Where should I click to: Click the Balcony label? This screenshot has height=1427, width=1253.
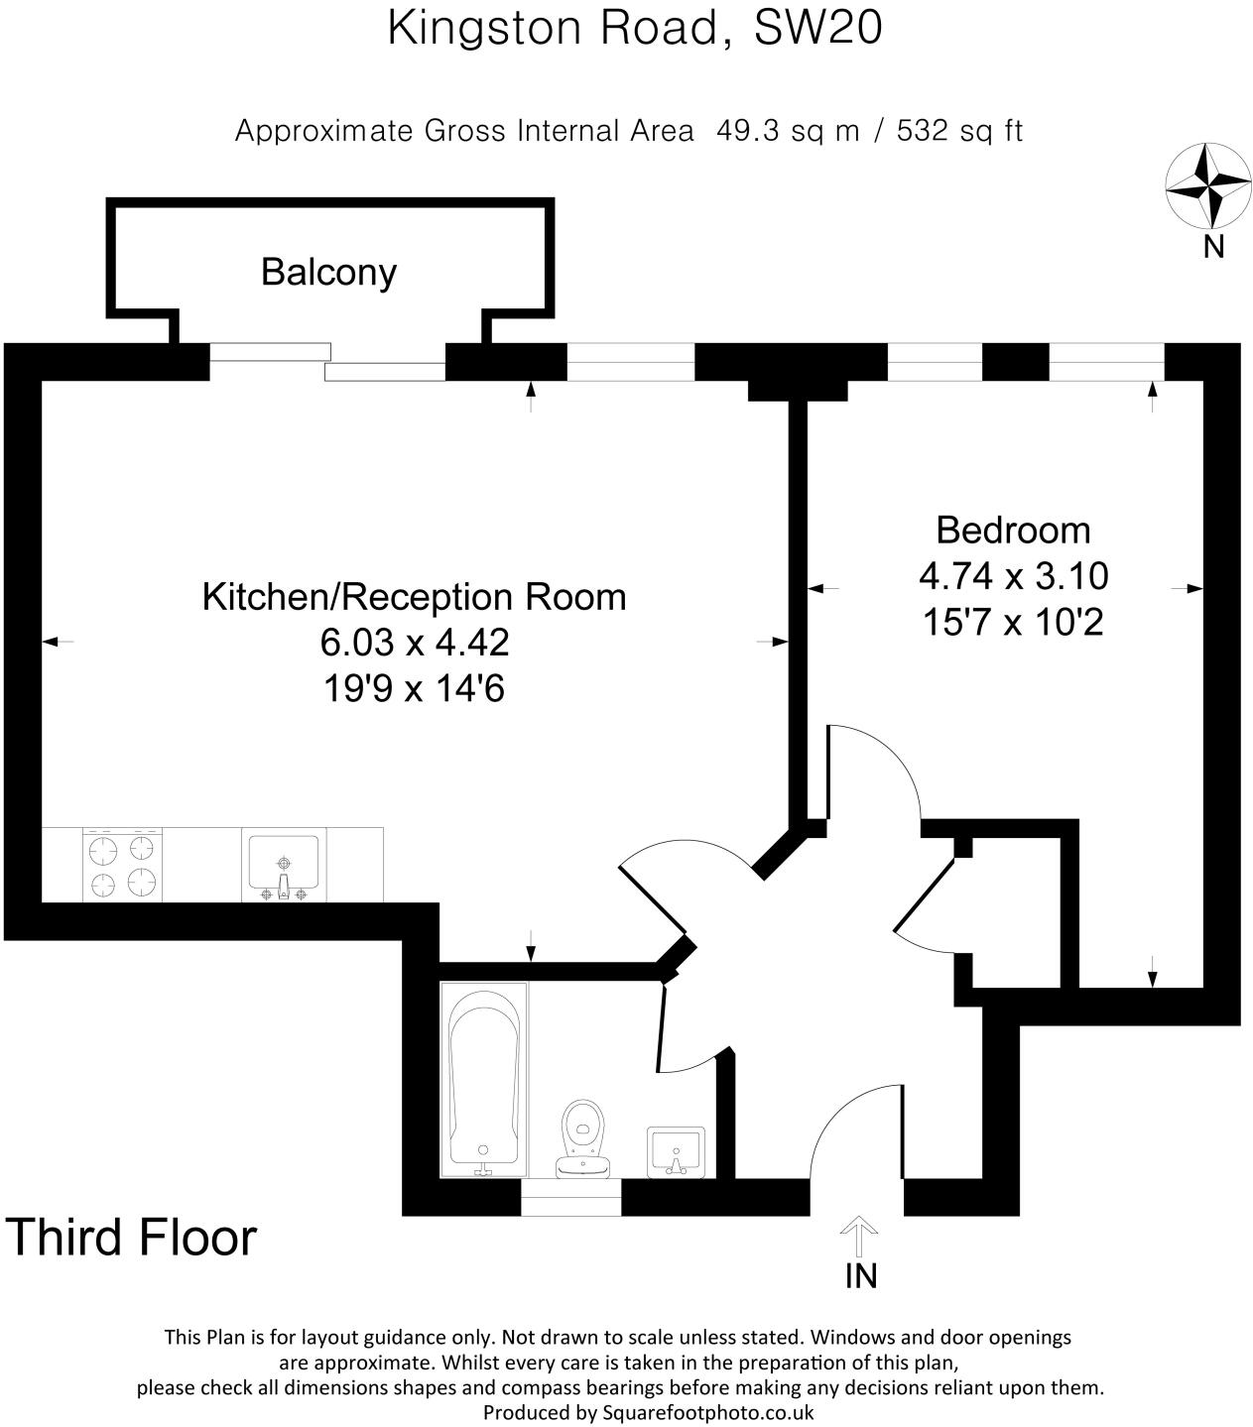(328, 272)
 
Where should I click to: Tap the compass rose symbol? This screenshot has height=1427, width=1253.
(1207, 184)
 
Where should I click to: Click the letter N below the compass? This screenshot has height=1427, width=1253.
(1213, 247)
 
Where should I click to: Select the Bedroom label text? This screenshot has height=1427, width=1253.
(1013, 530)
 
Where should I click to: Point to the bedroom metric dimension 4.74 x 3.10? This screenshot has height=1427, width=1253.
(1013, 576)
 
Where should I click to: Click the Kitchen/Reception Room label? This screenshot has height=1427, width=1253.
(414, 597)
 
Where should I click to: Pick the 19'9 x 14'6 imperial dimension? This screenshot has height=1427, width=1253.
(414, 688)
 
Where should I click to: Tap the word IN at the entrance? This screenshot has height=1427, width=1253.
(860, 1276)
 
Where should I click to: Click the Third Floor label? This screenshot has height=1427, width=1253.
(132, 1238)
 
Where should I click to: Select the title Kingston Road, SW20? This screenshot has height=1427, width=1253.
(635, 28)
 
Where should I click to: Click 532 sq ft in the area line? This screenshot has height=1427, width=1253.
(958, 131)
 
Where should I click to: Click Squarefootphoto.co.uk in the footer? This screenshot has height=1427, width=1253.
(708, 1412)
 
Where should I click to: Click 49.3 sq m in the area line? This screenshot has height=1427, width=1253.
(788, 131)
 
